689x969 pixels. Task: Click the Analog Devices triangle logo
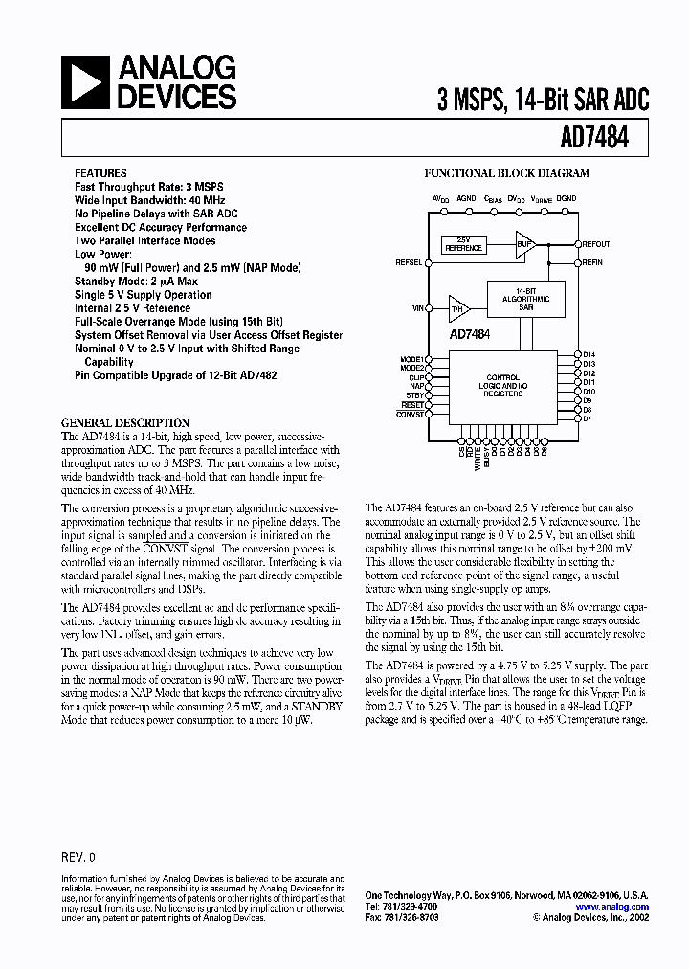tap(87, 82)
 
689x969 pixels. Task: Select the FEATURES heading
tap(100, 173)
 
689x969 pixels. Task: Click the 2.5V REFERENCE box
tap(463, 244)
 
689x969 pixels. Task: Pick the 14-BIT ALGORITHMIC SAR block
tap(525, 299)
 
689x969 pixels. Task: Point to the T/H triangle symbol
tap(458, 308)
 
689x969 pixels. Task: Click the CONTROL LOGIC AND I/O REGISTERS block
tap(503, 385)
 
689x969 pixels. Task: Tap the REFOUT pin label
tap(595, 244)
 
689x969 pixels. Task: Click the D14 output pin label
tap(589, 355)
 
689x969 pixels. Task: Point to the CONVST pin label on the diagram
tap(410, 414)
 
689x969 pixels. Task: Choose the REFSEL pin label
tap(408, 261)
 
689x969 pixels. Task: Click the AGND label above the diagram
tap(467, 198)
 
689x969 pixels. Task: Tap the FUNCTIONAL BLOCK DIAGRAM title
tap(507, 174)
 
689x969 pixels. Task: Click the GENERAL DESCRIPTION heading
tap(125, 422)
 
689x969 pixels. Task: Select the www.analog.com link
tap(612, 906)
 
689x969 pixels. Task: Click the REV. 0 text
tap(78, 857)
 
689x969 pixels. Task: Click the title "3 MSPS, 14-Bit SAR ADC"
tap(543, 99)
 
